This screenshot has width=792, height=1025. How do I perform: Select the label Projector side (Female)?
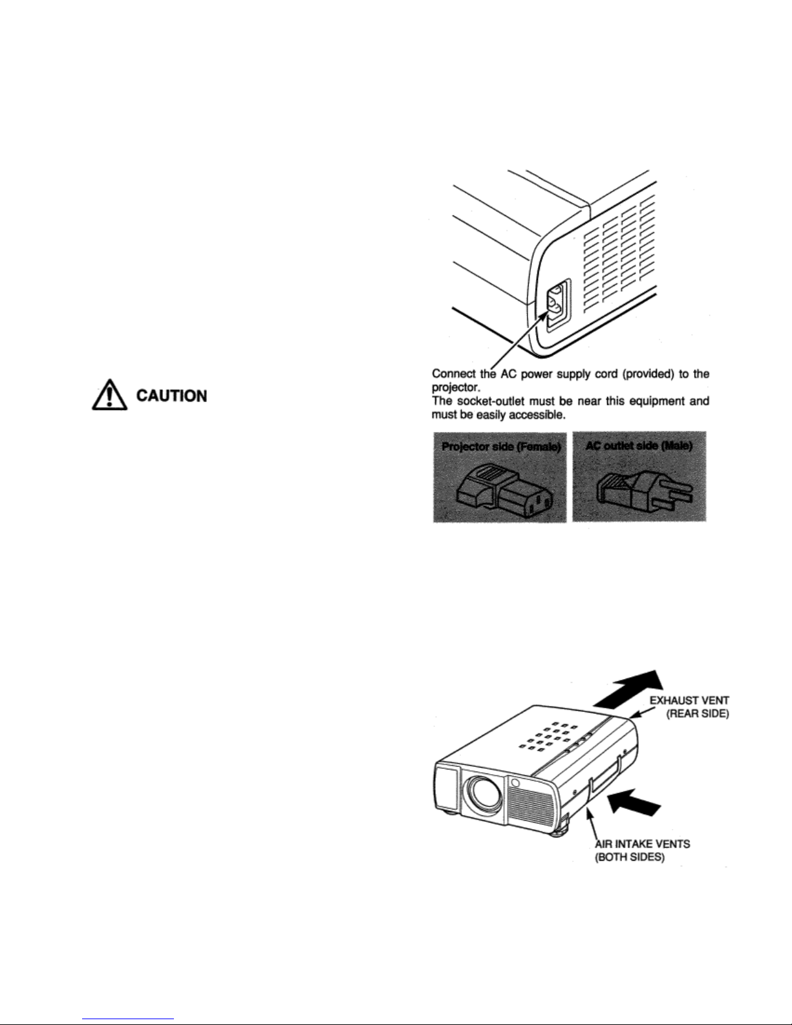tap(500, 447)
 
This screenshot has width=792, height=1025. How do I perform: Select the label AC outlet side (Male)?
tap(639, 447)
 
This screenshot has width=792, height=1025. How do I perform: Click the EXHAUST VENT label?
tap(690, 700)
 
